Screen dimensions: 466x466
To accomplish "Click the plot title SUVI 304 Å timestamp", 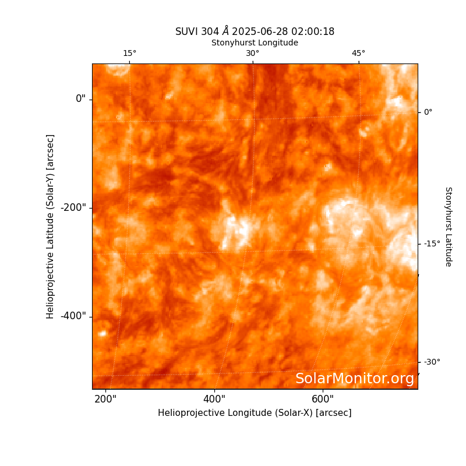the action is [255, 31].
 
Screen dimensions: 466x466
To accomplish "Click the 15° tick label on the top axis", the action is [129, 53].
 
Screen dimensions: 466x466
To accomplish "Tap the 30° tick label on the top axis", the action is [253, 53].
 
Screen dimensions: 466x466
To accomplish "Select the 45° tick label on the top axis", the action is [358, 53].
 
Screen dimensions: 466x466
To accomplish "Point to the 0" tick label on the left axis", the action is [80, 98].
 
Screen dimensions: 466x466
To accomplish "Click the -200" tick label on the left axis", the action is [73, 207].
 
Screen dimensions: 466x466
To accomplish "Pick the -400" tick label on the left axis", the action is [73, 316].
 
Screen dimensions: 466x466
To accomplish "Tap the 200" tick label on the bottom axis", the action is [105, 399].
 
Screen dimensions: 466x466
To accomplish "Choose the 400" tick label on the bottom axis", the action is [214, 399].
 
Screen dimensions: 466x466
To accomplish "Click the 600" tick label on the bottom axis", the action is [323, 399].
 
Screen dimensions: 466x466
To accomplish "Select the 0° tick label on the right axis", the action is [428, 112].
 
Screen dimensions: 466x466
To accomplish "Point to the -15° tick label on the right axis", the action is [432, 243].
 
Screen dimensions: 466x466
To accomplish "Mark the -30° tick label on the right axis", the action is [432, 362].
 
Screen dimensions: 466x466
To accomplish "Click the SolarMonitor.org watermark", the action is [355, 379].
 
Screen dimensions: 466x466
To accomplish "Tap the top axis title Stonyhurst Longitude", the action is [255, 43].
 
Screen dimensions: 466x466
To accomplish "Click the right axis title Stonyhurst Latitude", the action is [449, 227].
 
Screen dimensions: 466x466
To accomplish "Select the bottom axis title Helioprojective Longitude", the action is [255, 413].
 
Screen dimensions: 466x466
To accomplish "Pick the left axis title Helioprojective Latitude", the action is [50, 227].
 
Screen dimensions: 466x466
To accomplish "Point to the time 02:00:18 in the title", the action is [313, 31].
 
